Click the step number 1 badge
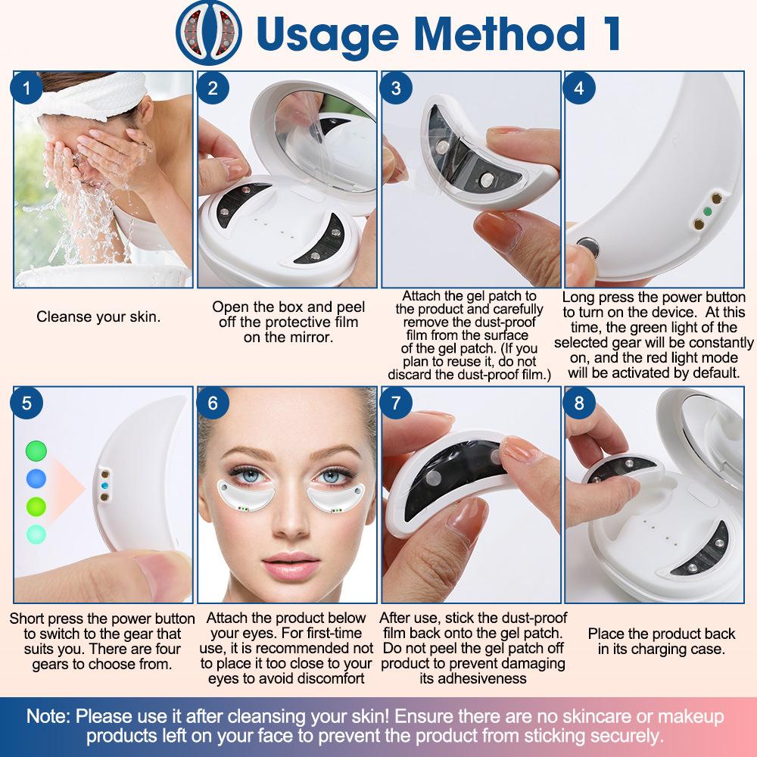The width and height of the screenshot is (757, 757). (28, 88)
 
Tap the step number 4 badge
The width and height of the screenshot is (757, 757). (579, 88)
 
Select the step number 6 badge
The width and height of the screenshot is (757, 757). (212, 403)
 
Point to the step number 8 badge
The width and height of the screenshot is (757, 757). (579, 403)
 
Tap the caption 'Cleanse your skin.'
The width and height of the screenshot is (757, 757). (98, 317)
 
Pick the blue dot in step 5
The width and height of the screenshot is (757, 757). (36, 478)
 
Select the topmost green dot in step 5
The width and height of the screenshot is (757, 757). (36, 451)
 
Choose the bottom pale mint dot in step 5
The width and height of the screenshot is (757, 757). (36, 534)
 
